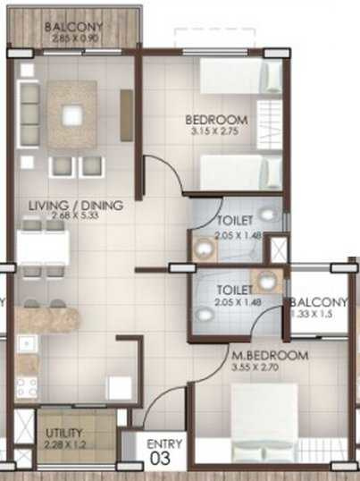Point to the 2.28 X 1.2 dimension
point(63,444)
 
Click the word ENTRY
point(166,444)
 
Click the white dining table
point(41,245)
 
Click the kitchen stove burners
point(26,386)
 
